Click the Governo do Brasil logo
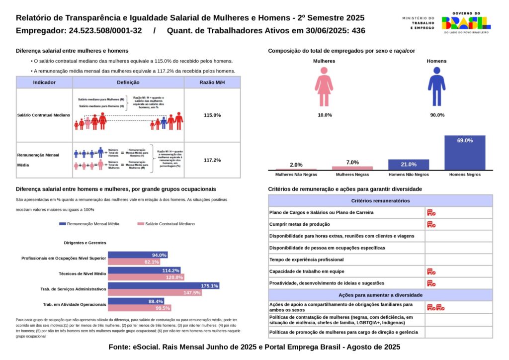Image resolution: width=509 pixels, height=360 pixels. pyautogui.click(x=466, y=23)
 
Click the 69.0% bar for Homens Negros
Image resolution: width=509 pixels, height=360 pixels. pyautogui.click(x=465, y=152)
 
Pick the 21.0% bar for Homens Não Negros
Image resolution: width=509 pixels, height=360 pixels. pyautogui.click(x=409, y=165)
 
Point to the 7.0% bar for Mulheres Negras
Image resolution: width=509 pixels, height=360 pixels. pyautogui.click(x=352, y=168)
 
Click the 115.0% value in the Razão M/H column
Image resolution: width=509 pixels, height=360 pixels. pyautogui.click(x=212, y=115)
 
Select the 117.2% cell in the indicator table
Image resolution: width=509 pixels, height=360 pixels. pyautogui.click(x=212, y=160)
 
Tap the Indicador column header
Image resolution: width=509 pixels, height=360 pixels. pyautogui.click(x=44, y=83)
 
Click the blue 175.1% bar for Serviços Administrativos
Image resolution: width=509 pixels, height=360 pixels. pyautogui.click(x=164, y=286)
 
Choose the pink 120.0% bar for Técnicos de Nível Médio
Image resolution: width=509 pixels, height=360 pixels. pyautogui.click(x=146, y=277)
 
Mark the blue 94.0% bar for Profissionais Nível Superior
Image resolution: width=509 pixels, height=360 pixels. pyautogui.click(x=138, y=255)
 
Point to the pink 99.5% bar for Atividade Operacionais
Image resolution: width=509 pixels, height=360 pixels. pyautogui.click(x=139, y=308)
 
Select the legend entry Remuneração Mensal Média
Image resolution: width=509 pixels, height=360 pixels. pyautogui.click(x=89, y=224)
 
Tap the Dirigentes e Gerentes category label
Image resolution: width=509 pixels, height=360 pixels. pyautogui.click(x=85, y=243)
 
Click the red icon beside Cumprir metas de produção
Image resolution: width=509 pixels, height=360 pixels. pyautogui.click(x=431, y=224)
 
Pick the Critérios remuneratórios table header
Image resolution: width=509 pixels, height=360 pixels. pyautogui.click(x=380, y=201)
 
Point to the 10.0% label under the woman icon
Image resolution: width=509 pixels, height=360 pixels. pyautogui.click(x=325, y=115)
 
